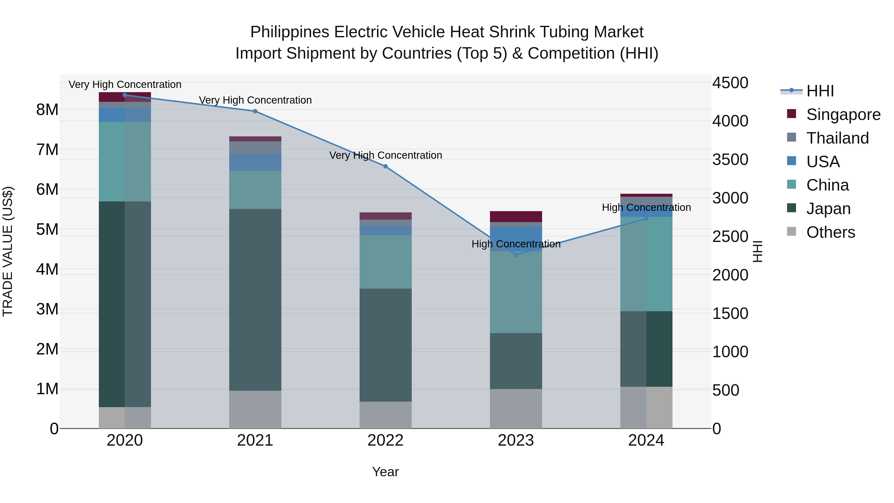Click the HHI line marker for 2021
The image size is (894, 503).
click(x=255, y=111)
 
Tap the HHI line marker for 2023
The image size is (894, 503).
click(x=516, y=255)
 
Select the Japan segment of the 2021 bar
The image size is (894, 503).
click(x=255, y=300)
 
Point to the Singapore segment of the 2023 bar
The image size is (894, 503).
click(x=516, y=217)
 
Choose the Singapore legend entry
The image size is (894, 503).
click(x=843, y=115)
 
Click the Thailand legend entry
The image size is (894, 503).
click(x=837, y=138)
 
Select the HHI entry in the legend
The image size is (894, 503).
click(x=820, y=91)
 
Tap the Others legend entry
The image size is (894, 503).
click(x=830, y=232)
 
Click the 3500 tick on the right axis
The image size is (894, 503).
click(x=730, y=160)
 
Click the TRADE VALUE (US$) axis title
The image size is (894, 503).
click(x=8, y=251)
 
